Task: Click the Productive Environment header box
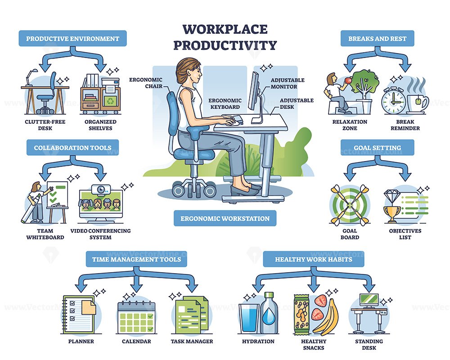tap(72, 38)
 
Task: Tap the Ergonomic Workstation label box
tap(225, 218)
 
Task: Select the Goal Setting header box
tap(377, 148)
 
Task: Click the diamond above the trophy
tap(392, 196)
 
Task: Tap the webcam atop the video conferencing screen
tap(101, 189)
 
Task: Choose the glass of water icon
tap(249, 318)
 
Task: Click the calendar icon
tap(136, 317)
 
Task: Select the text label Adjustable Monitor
tap(287, 83)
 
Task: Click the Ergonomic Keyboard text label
tap(225, 103)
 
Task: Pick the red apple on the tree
tap(348, 81)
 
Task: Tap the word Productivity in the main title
tap(225, 45)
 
